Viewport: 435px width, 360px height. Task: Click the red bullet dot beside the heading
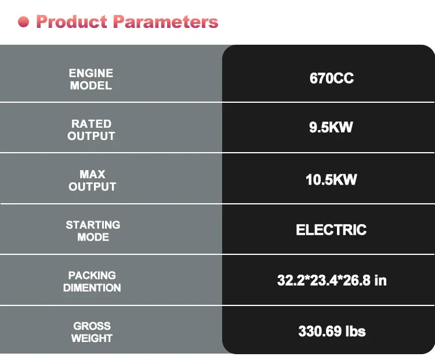pyautogui.click(x=24, y=22)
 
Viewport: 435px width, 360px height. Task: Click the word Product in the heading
pyautogui.click(x=71, y=21)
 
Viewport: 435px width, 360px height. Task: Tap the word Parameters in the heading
pyautogui.click(x=166, y=21)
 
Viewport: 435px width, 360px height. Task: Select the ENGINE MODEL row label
pyautogui.click(x=91, y=79)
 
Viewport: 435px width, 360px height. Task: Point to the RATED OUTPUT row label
pyautogui.click(x=91, y=129)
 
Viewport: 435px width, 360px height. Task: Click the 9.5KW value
pyautogui.click(x=331, y=127)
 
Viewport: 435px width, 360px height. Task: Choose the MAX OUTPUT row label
pyautogui.click(x=92, y=180)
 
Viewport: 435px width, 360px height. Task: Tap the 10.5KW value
pyautogui.click(x=331, y=179)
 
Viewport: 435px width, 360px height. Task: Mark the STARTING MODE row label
pyautogui.click(x=93, y=231)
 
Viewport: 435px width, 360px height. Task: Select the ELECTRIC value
pyautogui.click(x=331, y=230)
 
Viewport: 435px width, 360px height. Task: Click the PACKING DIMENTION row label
pyautogui.click(x=92, y=282)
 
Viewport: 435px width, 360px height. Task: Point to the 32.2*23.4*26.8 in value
pyautogui.click(x=332, y=280)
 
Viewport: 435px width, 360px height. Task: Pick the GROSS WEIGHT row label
pyautogui.click(x=92, y=332)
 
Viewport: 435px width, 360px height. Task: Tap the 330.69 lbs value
pyautogui.click(x=332, y=331)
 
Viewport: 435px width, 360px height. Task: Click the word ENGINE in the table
pyautogui.click(x=91, y=73)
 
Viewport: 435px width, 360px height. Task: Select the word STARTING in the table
pyautogui.click(x=93, y=225)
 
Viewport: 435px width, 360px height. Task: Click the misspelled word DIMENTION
pyautogui.click(x=92, y=288)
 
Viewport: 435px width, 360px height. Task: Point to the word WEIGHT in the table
pyautogui.click(x=92, y=339)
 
